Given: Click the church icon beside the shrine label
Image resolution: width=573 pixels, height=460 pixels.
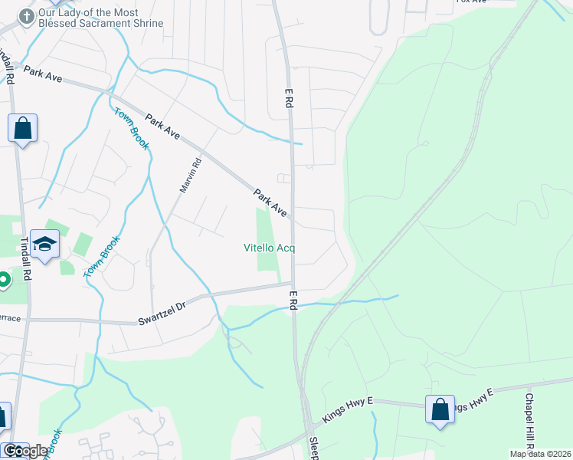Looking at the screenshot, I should click(x=27, y=16).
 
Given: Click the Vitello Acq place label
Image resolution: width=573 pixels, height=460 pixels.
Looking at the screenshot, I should click(x=269, y=248).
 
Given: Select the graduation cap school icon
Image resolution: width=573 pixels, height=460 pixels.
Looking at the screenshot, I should click(x=44, y=245).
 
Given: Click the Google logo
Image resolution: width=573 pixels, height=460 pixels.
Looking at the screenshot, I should click(x=25, y=451).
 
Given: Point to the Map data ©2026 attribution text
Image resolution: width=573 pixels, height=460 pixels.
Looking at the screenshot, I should click(x=540, y=454).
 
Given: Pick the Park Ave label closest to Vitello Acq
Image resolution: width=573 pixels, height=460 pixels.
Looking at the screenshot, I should click(x=270, y=203).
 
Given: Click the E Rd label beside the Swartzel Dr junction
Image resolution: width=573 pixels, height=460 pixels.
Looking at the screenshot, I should click(x=293, y=300).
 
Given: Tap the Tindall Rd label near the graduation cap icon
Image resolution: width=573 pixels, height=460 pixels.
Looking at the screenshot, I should click(x=25, y=261).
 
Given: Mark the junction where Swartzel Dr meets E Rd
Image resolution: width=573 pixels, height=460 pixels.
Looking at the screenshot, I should click(x=293, y=284).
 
